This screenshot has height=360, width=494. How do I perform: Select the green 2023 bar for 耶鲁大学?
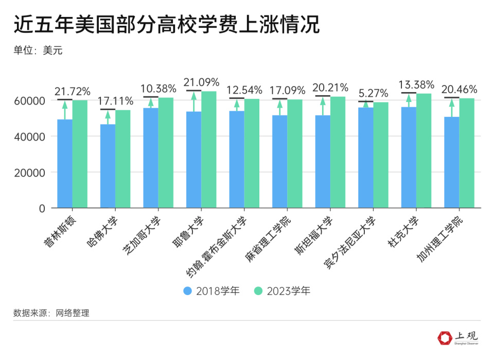208,149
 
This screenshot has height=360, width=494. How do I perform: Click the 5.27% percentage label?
373,93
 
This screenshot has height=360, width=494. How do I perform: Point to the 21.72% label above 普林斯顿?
73,91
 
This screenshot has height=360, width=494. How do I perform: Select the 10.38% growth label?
158,89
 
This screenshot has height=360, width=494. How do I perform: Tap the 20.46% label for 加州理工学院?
460,89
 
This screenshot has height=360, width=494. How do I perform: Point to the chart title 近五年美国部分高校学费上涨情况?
166,25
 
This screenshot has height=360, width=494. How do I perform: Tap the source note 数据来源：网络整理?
51,313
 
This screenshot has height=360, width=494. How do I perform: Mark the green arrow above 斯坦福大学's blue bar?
323,106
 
